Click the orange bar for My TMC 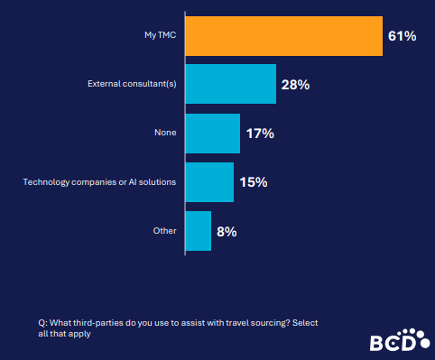coord(283,36)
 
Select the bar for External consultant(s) coord(230,84)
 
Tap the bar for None coord(212,133)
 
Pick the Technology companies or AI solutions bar coord(208,182)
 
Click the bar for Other coord(198,231)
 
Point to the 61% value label coord(403,36)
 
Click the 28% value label coord(295,85)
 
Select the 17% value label coord(259,134)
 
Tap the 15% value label coord(253,182)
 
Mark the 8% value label coord(227,232)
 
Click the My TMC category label coord(162,36)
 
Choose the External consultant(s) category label coord(132,85)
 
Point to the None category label coord(166,134)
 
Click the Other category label coord(165,232)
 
